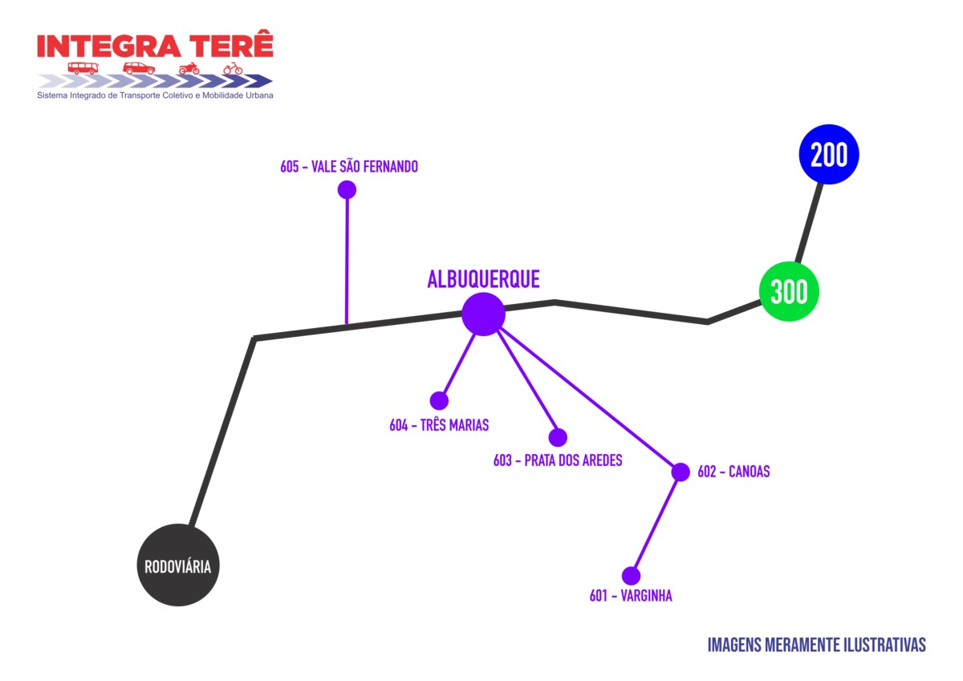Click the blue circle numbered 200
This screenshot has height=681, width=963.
tap(829, 155)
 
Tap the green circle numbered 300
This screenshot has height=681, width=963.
tap(789, 292)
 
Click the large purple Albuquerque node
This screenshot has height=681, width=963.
tap(483, 314)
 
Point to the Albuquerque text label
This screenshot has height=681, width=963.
tap(483, 279)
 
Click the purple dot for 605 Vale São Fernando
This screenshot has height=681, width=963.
tap(347, 190)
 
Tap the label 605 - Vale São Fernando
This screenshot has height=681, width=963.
tap(349, 167)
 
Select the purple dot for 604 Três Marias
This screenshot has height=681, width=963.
tap(439, 400)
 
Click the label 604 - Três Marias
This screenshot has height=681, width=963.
tap(439, 425)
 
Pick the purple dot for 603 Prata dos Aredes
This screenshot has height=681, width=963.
tap(558, 437)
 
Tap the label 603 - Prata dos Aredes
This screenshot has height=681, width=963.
tap(558, 461)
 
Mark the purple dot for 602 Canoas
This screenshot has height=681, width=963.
tap(681, 472)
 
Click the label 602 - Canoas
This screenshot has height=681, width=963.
tap(733, 472)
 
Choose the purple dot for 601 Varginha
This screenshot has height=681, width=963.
tap(631, 576)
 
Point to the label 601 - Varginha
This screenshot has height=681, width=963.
tap(631, 597)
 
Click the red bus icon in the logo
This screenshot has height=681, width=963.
tap(83, 68)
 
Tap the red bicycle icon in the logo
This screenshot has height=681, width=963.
tap(233, 68)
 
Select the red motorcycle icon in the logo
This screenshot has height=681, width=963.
tap(189, 68)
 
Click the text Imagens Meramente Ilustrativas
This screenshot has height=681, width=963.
tap(817, 645)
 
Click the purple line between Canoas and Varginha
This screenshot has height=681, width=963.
tap(656, 524)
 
